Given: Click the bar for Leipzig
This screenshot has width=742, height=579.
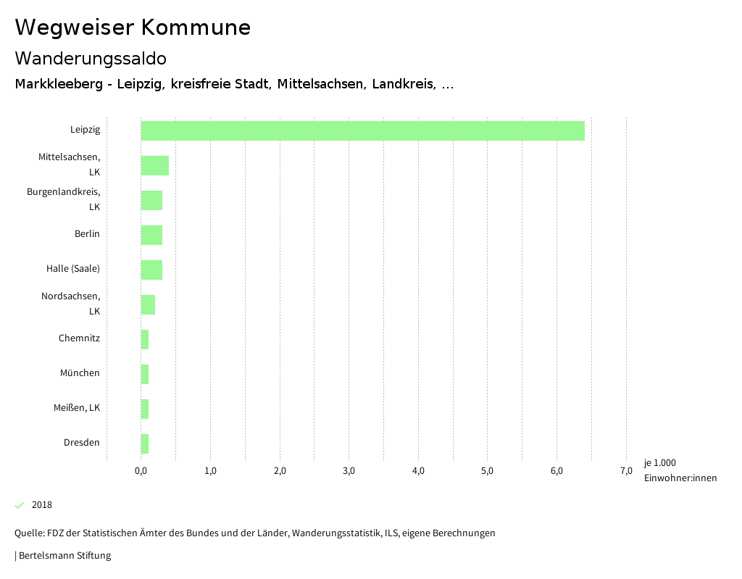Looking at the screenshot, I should coord(362,130).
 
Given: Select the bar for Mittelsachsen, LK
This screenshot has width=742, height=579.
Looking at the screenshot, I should coord(155,165).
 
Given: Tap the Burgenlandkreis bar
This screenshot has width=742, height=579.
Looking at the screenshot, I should coord(151,200).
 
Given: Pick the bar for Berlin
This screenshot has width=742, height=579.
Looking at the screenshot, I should coord(151,235).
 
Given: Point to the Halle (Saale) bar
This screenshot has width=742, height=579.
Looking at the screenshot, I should coord(151,270).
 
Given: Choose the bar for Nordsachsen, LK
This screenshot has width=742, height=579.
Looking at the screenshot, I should coord(148,304).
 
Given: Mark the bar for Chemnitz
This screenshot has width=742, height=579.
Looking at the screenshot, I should coord(145,339).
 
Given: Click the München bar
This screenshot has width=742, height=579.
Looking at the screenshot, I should coord(145,374).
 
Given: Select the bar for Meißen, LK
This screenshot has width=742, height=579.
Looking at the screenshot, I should coord(145,409).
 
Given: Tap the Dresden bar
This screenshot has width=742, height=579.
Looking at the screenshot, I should coord(145,443).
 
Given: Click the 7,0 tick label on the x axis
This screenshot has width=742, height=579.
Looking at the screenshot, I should coord(626,471).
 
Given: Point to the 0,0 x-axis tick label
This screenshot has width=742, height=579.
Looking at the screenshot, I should coord(141,471).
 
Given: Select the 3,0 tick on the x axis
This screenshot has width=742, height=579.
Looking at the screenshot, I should coord(349,471).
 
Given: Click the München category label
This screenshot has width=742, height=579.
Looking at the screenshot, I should coord(80,373).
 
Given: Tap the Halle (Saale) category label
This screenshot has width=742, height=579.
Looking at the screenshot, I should coord(73,269).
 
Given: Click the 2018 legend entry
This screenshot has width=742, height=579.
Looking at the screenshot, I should coord(41,505).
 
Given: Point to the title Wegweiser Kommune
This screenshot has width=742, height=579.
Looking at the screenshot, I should coord(133,28).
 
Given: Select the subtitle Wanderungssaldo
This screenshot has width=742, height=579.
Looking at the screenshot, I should coord(91,59).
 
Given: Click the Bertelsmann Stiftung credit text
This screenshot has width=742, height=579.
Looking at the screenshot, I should coord(64,556).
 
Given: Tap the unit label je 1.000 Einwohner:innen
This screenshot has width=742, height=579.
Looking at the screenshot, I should coord(680,470).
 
